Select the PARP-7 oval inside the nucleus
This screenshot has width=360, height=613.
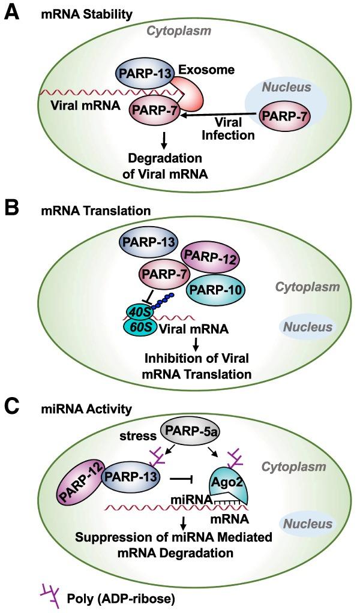pos(281,116)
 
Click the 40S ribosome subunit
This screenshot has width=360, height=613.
pos(139,311)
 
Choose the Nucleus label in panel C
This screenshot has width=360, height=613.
pos(308,524)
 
